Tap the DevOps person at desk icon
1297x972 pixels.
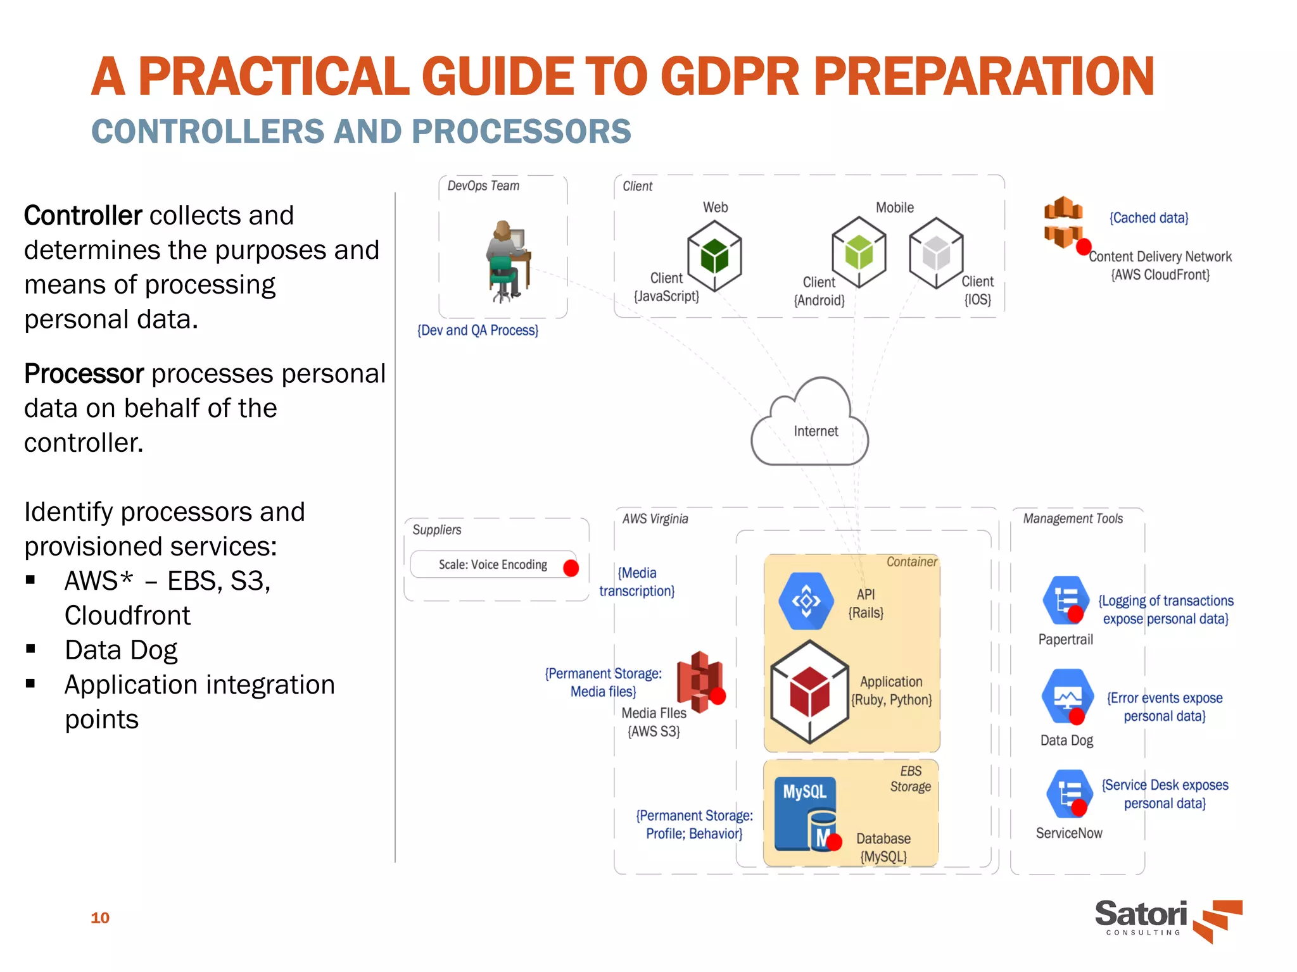point(507,261)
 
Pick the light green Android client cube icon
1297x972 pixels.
point(859,252)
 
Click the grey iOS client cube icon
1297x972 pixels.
point(936,253)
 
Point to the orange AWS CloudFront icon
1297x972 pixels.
point(1064,223)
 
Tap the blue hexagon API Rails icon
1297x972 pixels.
point(806,601)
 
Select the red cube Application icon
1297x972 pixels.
point(809,692)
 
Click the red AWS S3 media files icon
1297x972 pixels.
point(699,682)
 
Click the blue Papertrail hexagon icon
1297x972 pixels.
point(1066,599)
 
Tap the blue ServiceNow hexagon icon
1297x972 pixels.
point(1070,793)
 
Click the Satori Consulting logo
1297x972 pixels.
point(1168,919)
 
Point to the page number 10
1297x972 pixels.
point(100,918)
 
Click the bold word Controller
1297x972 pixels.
point(83,216)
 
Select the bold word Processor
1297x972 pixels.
point(84,374)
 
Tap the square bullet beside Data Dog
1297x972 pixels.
point(30,649)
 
